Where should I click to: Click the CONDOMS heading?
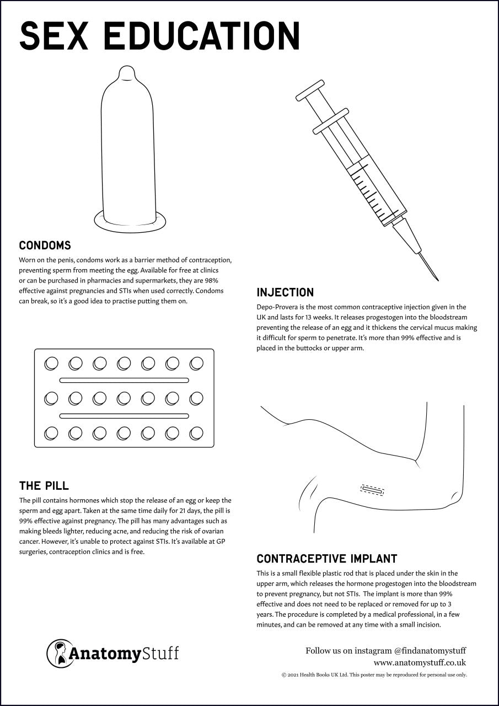click(45, 245)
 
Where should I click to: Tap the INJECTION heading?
click(285, 292)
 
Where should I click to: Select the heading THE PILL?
click(44, 486)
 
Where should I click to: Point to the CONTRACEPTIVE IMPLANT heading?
click(326, 559)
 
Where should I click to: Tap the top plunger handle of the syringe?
click(309, 90)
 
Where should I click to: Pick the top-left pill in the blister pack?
click(51, 363)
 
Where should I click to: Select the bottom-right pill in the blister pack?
click(196, 433)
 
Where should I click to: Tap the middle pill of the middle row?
click(124, 398)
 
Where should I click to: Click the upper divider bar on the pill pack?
click(124, 380)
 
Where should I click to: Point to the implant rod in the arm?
click(372, 489)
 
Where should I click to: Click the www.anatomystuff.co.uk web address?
click(420, 662)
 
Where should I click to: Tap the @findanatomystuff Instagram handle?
click(430, 651)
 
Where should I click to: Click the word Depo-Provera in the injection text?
click(280, 307)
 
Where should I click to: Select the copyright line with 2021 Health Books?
click(374, 675)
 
